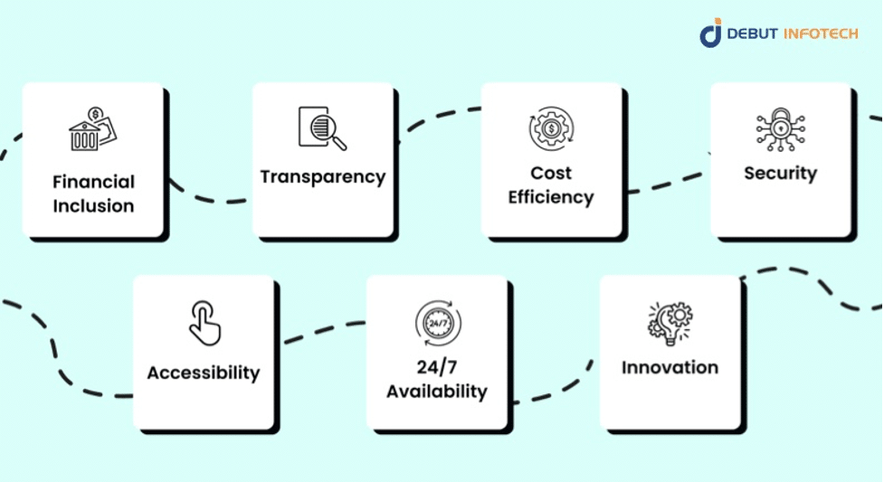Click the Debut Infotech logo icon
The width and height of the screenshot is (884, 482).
pyautogui.click(x=711, y=33)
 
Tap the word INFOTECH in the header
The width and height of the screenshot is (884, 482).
pyautogui.click(x=822, y=34)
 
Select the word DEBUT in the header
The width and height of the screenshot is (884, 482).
pyautogui.click(x=754, y=34)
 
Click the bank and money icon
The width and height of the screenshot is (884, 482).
pyautogui.click(x=93, y=130)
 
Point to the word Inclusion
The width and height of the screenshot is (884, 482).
pyautogui.click(x=93, y=206)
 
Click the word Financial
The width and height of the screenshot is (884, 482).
pyautogui.click(x=93, y=182)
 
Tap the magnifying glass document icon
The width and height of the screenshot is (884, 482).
pyautogui.click(x=322, y=128)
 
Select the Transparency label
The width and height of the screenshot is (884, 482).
pyautogui.click(x=323, y=176)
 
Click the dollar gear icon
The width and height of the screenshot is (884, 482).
pyautogui.click(x=551, y=128)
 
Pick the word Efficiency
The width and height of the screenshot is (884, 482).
pyautogui.click(x=551, y=197)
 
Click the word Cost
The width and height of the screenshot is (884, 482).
pyautogui.click(x=551, y=173)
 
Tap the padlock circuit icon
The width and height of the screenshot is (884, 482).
pyautogui.click(x=780, y=129)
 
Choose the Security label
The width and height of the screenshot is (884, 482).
pyautogui.click(x=780, y=173)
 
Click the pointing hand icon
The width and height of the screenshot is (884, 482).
pyautogui.click(x=204, y=323)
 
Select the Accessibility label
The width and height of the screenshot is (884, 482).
pyautogui.click(x=204, y=373)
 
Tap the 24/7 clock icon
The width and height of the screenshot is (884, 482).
pyautogui.click(x=438, y=323)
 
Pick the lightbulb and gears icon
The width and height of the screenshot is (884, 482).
pyautogui.click(x=670, y=323)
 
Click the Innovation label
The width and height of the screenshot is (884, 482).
pyautogui.click(x=670, y=367)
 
